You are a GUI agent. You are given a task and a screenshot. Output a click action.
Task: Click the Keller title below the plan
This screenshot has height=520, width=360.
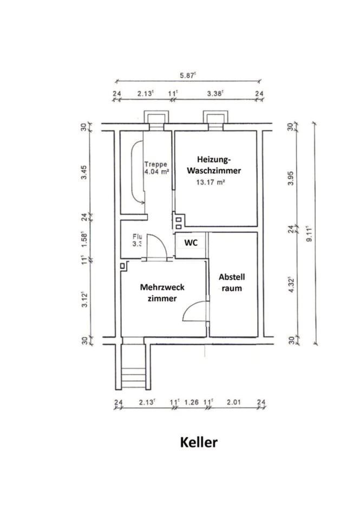click(199, 442)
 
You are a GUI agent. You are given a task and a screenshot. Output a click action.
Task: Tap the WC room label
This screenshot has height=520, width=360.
click(191, 243)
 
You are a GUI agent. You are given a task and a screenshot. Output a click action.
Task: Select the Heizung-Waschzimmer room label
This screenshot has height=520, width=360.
click(214, 165)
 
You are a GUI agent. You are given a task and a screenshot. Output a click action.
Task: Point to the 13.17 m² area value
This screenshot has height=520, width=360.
click(211, 183)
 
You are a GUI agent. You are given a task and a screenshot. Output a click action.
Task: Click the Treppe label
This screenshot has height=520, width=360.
click(156, 164)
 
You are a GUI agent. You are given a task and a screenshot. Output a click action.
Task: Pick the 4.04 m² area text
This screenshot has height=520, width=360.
click(157, 172)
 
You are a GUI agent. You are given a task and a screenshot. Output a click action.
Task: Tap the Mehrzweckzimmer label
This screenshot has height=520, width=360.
click(162, 292)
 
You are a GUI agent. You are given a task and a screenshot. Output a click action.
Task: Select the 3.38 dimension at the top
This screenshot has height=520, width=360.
click(215, 94)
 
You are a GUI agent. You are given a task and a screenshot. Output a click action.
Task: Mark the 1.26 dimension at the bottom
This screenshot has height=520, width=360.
click(191, 402)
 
